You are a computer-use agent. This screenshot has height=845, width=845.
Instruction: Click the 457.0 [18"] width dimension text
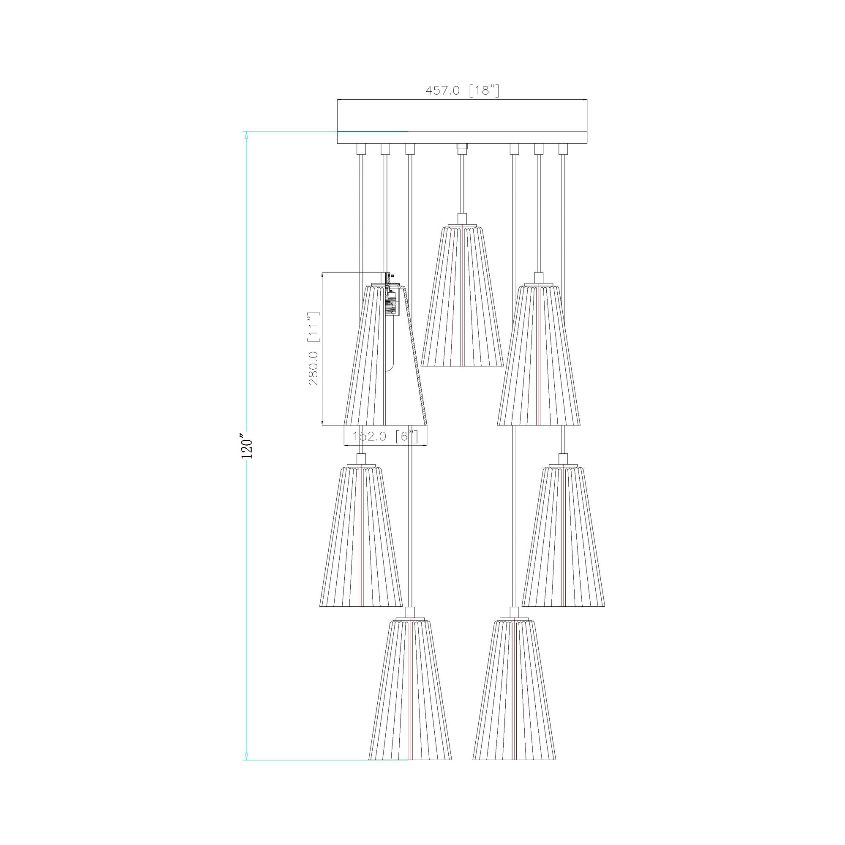[462, 90]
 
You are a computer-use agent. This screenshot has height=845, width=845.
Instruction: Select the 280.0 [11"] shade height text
[314, 349]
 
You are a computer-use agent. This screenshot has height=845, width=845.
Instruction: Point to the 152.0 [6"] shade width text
[385, 436]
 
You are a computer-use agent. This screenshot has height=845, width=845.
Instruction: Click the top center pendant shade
[462, 296]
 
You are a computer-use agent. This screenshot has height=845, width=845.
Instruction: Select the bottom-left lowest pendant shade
[410, 690]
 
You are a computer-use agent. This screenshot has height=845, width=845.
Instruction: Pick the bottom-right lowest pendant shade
[514, 690]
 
